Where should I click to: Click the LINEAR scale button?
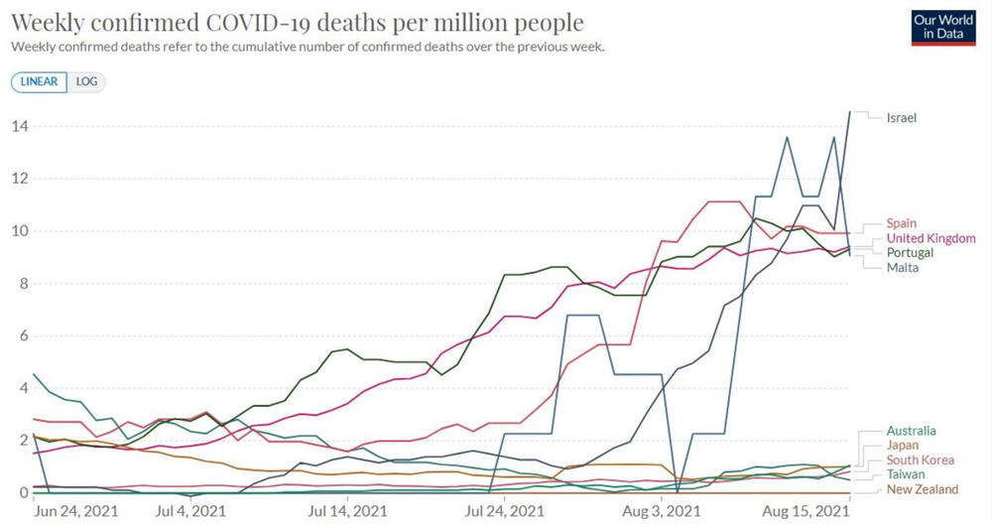(x=39, y=81)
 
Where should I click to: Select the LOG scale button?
(x=86, y=81)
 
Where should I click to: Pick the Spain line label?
(x=902, y=224)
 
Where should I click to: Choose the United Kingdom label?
(x=931, y=238)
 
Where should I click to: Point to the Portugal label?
(x=910, y=253)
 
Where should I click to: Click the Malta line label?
(x=903, y=268)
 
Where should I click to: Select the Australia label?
(x=911, y=432)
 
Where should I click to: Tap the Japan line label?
(x=902, y=446)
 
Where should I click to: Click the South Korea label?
(x=921, y=460)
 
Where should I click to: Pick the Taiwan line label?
(x=905, y=475)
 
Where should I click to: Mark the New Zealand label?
(x=923, y=489)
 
